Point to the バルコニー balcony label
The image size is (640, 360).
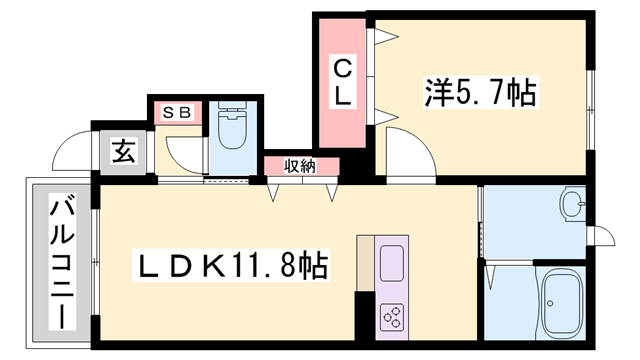tap(58, 262)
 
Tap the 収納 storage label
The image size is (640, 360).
tap(299, 167)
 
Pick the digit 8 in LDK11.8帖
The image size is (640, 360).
tap(292, 267)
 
